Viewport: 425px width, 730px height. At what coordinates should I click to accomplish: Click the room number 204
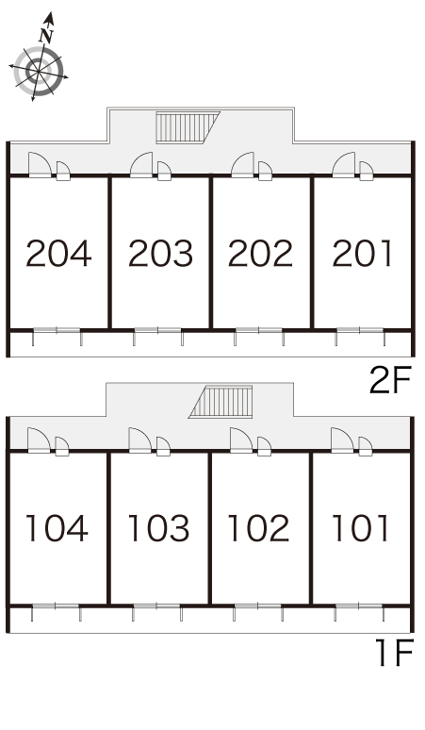[58, 254]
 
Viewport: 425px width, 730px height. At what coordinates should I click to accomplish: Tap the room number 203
[160, 254]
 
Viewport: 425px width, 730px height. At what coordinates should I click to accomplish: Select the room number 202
[260, 254]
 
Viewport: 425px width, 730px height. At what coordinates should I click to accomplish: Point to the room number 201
[362, 254]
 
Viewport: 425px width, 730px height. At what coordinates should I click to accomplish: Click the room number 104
[57, 528]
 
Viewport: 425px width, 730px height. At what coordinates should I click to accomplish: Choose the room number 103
[158, 528]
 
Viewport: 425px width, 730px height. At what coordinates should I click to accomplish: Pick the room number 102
[258, 528]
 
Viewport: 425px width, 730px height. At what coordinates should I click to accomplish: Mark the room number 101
[360, 528]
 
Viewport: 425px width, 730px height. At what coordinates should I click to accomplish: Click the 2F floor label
[390, 380]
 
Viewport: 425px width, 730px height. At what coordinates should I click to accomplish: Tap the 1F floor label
[394, 654]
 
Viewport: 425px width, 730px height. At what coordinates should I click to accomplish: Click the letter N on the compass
[45, 36]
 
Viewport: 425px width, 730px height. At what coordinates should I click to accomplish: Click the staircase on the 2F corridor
[188, 127]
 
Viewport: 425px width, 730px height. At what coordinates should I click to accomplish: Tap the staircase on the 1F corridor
[221, 402]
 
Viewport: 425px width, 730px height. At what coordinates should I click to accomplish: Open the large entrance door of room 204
[39, 165]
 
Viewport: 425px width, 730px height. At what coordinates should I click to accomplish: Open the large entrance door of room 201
[344, 165]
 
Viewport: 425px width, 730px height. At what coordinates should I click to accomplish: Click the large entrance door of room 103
[139, 440]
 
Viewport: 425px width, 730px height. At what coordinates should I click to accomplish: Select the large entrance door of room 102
[241, 440]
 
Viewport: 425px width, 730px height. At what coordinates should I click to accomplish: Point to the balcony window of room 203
[158, 330]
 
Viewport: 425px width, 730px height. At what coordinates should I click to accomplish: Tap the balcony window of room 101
[358, 606]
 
